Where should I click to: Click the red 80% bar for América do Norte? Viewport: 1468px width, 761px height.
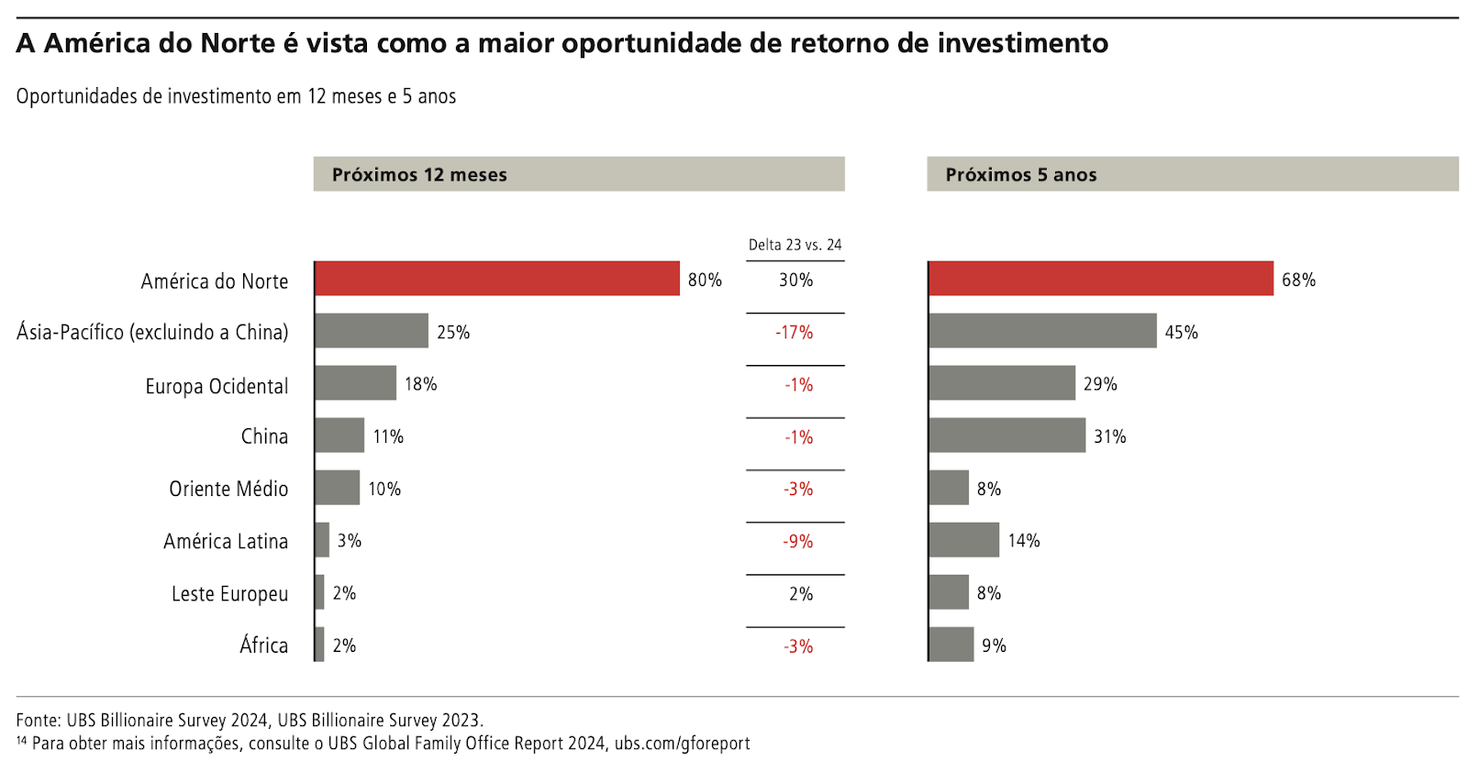click(x=496, y=279)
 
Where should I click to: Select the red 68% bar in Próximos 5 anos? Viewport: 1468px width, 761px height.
click(x=1100, y=279)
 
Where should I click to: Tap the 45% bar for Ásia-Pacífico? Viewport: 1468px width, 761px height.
click(x=1042, y=331)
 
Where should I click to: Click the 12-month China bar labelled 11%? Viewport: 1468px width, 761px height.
click(x=339, y=436)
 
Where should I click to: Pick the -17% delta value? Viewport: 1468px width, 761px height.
click(x=795, y=332)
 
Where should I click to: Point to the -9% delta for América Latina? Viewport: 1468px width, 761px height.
click(x=797, y=541)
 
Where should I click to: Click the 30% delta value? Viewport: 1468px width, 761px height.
click(x=795, y=280)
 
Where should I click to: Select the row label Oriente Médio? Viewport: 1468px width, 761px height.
click(x=228, y=489)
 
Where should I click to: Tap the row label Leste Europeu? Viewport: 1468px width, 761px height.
click(x=229, y=594)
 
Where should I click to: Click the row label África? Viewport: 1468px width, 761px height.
click(x=263, y=645)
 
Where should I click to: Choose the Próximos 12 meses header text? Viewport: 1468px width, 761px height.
click(x=419, y=175)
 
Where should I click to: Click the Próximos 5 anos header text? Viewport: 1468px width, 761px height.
click(x=1021, y=175)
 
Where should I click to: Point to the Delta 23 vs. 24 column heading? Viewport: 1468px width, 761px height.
click(x=795, y=245)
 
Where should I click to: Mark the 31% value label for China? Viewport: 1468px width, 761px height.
click(x=1109, y=436)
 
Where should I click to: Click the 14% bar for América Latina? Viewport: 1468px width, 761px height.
click(x=963, y=540)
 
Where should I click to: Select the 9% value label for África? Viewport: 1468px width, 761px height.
click(x=994, y=645)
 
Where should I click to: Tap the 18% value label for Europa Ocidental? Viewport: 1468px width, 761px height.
click(x=420, y=384)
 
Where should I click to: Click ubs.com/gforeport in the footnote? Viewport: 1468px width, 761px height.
click(x=682, y=744)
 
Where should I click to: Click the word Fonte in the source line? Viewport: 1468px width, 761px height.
click(x=37, y=721)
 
